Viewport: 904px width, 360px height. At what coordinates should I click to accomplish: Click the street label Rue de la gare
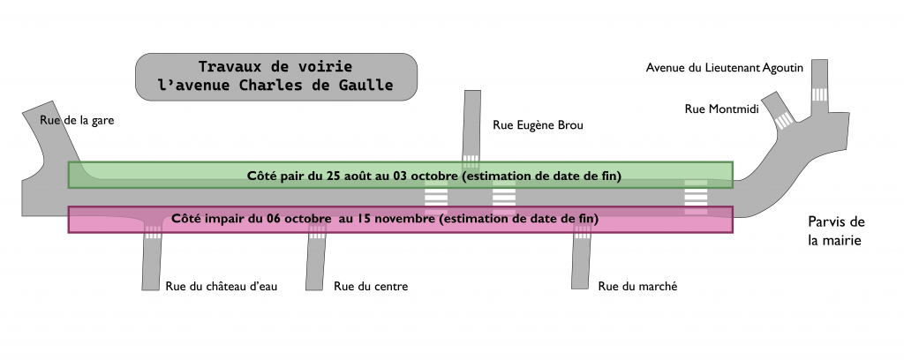(x=78, y=120)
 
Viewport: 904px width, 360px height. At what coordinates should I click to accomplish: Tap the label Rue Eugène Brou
(x=538, y=125)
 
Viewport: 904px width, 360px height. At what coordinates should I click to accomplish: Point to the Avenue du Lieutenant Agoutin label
(x=724, y=68)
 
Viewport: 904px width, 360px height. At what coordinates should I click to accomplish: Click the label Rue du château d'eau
(x=222, y=286)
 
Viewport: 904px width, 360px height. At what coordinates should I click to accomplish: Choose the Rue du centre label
(x=371, y=286)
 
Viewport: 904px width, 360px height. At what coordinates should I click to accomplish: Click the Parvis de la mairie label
(x=834, y=230)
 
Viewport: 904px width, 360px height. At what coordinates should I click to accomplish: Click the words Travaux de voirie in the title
(x=275, y=67)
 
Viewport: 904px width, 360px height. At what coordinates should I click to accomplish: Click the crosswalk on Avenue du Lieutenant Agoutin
(x=820, y=94)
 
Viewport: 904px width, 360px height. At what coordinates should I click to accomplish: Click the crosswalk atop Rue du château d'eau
(x=154, y=232)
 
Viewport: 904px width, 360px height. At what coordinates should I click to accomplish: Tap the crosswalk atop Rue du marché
(x=583, y=232)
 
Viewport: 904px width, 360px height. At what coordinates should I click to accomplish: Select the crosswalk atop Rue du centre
(x=317, y=232)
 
